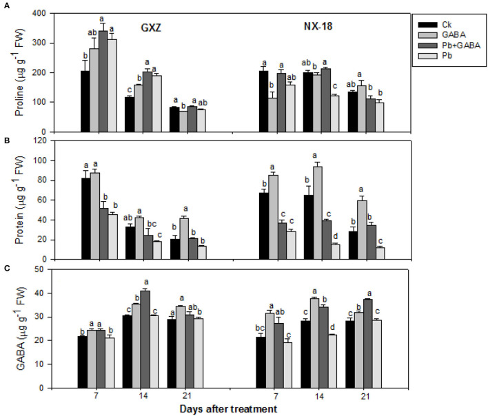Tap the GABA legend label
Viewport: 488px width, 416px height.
coord(452,32)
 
